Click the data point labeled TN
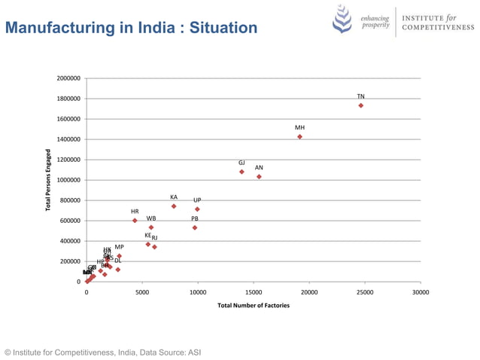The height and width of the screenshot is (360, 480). pos(361,105)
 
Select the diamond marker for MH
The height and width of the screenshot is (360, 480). pos(299,137)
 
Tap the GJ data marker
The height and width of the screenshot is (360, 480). pos(242,172)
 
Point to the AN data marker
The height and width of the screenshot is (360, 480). pos(259,177)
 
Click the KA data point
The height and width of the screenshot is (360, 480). pos(174,206)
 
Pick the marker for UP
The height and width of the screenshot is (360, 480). pos(197,209)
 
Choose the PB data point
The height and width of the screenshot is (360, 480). pos(195,227)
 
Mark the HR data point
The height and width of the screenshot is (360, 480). pos(135,221)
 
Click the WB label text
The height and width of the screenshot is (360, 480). pos(151,218)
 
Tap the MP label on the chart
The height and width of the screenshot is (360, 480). pos(119,247)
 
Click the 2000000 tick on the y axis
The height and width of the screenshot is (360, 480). pos(69,78)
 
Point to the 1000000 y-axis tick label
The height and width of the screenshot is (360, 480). pos(69,180)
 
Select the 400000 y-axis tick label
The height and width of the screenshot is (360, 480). pos(71,241)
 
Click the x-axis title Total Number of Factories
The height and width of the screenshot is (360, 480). pos(253,306)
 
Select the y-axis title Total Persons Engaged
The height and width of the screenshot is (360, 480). pos(48,180)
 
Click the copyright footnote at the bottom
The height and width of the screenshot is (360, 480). pos(102,352)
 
